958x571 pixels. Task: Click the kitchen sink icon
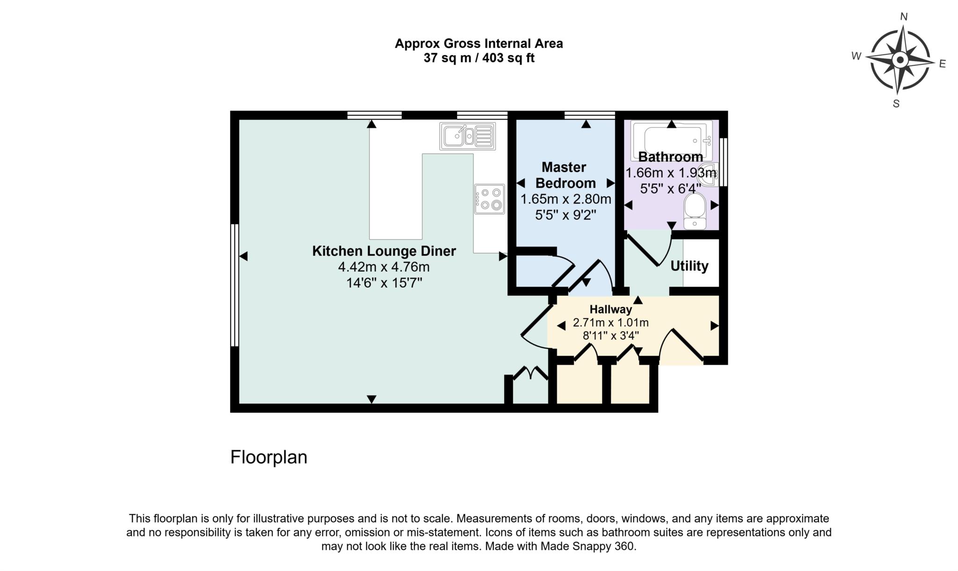click(467, 136)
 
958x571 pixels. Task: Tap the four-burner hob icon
click(490, 199)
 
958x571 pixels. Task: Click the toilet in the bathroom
click(695, 212)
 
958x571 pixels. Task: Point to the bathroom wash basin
click(708, 175)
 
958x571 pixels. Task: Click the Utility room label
click(689, 266)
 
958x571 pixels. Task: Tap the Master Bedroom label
click(565, 175)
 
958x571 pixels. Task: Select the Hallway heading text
click(610, 309)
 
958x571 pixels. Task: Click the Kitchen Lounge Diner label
click(384, 251)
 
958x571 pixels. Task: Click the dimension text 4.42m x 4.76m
click(384, 267)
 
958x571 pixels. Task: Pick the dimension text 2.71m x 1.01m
click(610, 323)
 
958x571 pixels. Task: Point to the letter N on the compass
click(904, 17)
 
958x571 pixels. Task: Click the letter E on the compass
click(942, 64)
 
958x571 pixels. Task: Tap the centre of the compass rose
click(900, 60)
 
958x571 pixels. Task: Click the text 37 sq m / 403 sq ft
click(479, 58)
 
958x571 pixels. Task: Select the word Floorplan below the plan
click(269, 457)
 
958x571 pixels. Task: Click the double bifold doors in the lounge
click(530, 374)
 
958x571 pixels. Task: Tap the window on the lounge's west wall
click(234, 285)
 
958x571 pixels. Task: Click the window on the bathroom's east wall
click(723, 162)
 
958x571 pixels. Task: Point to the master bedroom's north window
click(589, 115)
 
